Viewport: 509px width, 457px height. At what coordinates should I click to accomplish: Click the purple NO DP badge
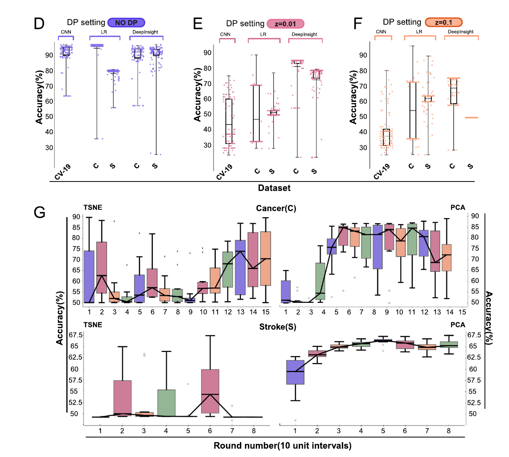[126, 22]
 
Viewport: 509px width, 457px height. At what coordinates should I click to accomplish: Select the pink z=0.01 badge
[285, 23]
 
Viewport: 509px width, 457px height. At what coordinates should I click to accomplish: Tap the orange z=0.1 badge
[444, 22]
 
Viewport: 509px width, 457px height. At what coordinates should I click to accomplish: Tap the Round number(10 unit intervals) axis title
[283, 446]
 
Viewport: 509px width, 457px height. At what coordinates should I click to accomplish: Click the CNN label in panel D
[66, 32]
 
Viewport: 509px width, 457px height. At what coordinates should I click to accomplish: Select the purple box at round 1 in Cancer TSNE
[89, 276]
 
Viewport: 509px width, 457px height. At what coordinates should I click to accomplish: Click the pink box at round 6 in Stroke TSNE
[210, 391]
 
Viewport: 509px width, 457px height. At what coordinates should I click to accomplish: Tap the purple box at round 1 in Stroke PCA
[295, 372]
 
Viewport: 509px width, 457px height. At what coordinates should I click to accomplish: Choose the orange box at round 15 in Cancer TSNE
[265, 265]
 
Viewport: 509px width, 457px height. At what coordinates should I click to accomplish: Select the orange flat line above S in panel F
[471, 118]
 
